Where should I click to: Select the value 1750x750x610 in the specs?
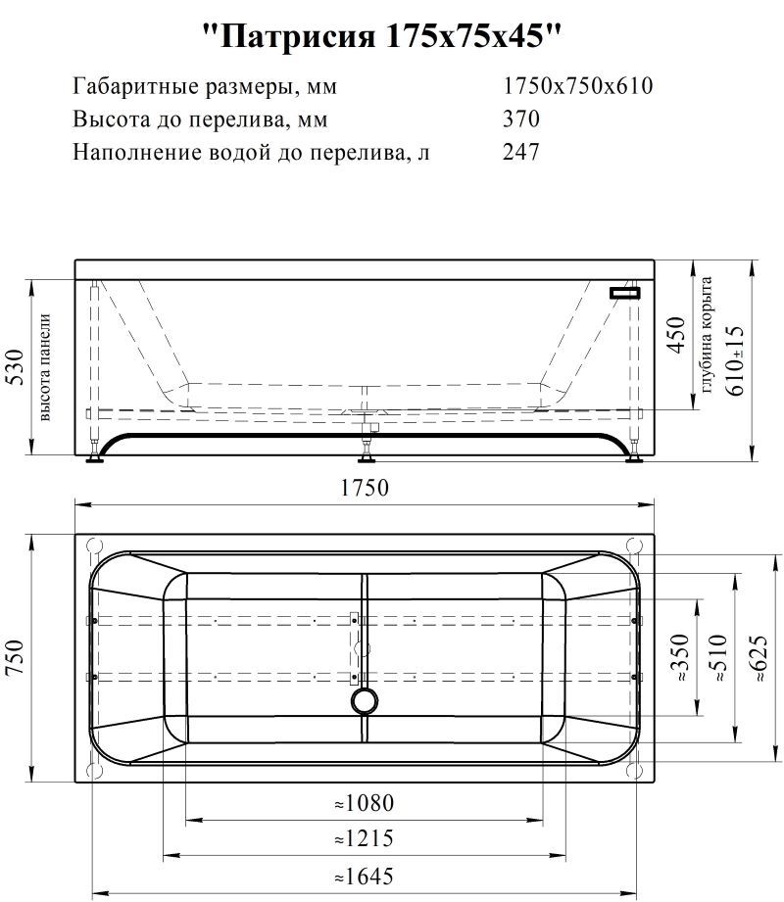click(577, 86)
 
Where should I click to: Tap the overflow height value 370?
click(521, 119)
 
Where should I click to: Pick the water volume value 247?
click(521, 153)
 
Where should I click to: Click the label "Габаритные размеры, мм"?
click(205, 86)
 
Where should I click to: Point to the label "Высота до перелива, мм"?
click(200, 119)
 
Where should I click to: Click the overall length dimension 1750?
click(366, 488)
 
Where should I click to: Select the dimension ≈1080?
click(364, 804)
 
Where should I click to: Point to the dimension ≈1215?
click(364, 839)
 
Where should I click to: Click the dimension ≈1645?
click(364, 876)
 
